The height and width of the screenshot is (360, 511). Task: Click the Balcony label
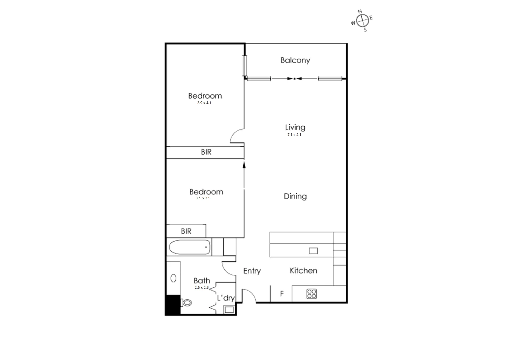295,60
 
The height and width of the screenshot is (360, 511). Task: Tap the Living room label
295,127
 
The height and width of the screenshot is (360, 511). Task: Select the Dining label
295,196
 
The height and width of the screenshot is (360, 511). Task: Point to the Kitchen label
303,271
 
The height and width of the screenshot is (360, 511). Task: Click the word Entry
252,271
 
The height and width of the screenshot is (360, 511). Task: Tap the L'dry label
226,298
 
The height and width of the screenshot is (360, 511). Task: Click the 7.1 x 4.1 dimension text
294,135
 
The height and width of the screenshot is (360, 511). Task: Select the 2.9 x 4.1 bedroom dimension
204,103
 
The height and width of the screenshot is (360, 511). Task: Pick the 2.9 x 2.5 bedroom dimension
203,198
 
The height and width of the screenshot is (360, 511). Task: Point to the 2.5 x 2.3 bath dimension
202,287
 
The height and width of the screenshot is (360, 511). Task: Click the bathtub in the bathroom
190,247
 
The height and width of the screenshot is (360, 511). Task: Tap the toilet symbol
187,303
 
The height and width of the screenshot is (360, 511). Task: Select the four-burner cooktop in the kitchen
312,294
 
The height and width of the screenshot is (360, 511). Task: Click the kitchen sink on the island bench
313,251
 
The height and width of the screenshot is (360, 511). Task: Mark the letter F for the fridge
282,294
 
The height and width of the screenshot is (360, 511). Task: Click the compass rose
362,21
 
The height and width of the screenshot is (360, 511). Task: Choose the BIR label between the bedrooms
206,152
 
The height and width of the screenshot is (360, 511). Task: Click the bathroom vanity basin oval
173,278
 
